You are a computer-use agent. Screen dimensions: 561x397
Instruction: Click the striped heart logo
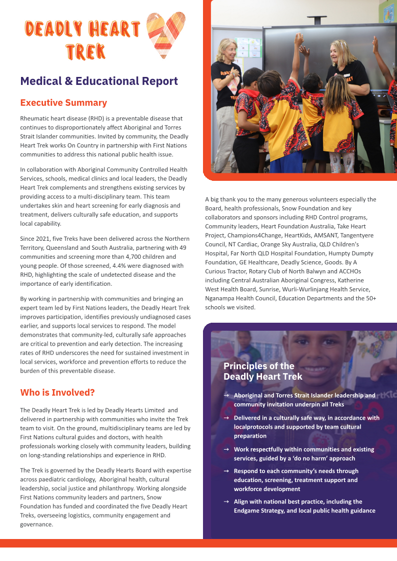point(165,34)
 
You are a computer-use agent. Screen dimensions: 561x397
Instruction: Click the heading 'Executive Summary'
point(63,102)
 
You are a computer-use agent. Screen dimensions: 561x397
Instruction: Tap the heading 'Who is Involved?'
point(57,393)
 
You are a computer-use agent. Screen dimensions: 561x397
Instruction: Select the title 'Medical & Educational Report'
point(99,81)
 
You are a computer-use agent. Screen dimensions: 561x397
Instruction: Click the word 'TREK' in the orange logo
point(85,51)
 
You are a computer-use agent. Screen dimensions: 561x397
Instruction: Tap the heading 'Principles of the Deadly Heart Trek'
point(263,371)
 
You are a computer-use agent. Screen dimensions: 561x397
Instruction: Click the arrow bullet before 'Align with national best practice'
point(226,502)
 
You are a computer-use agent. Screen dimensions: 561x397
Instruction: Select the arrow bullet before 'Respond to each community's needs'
point(226,471)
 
